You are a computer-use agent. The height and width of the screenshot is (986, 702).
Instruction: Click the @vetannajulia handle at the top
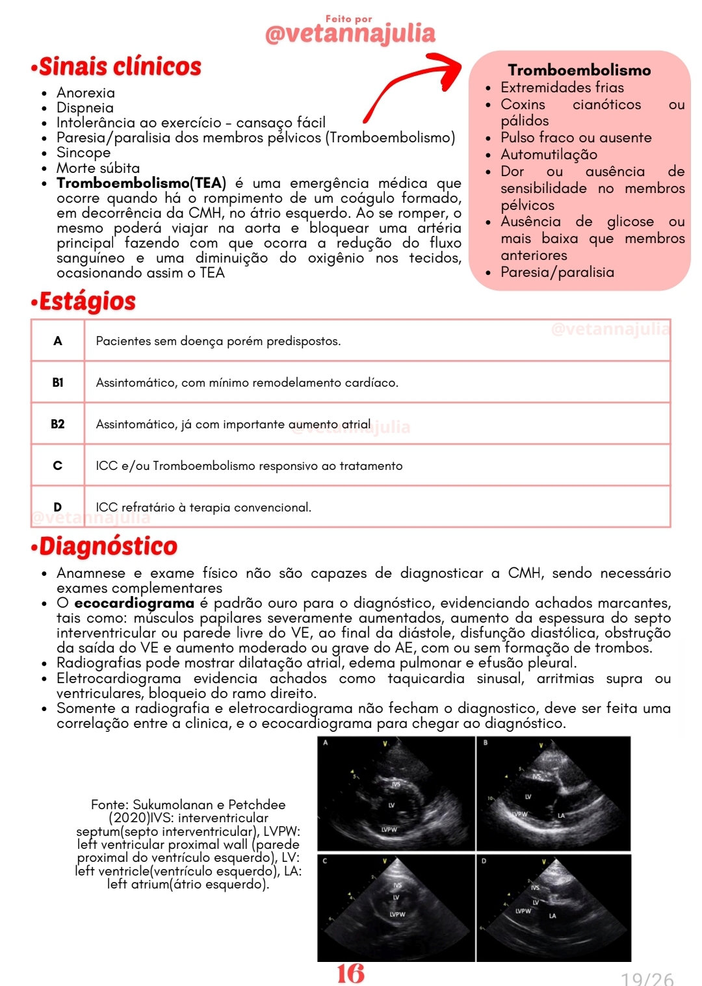350,33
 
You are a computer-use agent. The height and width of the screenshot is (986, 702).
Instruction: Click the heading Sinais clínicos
120,67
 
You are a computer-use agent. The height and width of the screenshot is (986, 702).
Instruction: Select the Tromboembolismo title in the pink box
579,70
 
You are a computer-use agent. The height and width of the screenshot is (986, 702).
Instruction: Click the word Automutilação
549,155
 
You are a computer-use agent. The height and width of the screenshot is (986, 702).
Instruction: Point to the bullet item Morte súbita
98,168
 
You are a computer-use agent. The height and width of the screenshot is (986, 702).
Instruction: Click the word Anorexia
86,93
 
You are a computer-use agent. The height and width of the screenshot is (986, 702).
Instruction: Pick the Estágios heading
87,302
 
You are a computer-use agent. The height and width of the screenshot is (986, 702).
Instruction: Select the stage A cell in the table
58,341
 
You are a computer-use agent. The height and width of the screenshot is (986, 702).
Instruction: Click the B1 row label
58,382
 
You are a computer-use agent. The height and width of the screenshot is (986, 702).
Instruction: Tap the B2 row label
58,424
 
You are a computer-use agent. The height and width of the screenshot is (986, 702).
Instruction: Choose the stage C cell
58,465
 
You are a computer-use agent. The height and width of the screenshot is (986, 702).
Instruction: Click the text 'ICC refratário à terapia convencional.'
203,507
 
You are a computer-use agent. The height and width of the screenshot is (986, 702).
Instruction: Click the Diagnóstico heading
108,547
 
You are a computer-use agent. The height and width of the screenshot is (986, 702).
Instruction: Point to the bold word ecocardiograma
134,603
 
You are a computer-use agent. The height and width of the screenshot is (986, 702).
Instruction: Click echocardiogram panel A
396,794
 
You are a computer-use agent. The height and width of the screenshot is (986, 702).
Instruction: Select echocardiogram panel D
554,908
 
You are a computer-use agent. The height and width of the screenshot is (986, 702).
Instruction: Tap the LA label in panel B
561,815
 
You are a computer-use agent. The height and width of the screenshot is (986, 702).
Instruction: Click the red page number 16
350,973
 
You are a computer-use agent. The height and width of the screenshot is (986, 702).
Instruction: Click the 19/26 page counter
647,978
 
